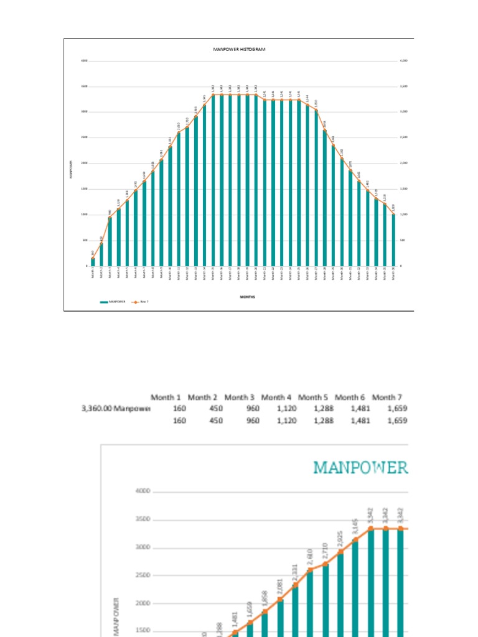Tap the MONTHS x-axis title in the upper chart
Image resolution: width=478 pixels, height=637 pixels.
(x=248, y=297)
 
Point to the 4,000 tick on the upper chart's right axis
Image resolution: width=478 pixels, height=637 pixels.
(x=403, y=60)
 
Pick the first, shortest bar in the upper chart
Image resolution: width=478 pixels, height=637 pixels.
(x=93, y=262)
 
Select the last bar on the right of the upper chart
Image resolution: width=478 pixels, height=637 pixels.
(x=393, y=240)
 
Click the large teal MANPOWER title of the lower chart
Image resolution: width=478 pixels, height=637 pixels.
(x=361, y=468)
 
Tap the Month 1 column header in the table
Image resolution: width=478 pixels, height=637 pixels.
(x=167, y=397)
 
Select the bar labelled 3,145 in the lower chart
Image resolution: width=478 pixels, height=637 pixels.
(x=356, y=591)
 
